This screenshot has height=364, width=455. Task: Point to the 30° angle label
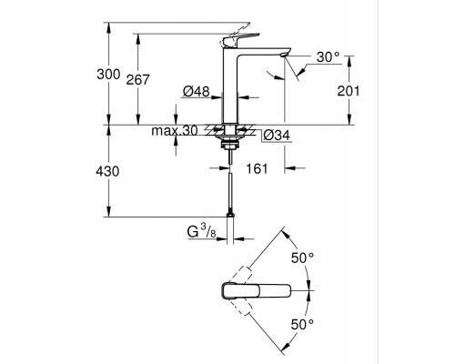point(328,57)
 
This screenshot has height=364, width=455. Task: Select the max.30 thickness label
point(174,133)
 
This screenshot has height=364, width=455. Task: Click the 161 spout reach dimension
point(258,168)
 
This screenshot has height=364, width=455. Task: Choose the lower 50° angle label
point(301,322)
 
